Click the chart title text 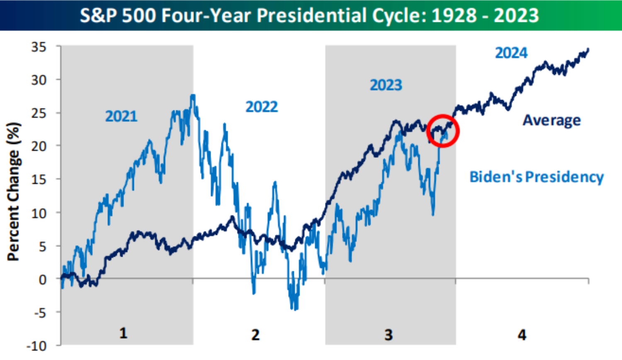[309, 15]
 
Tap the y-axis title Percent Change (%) [14, 192]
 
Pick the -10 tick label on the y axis [37, 345]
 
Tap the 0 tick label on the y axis [43, 280]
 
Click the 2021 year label [121, 116]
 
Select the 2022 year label [262, 107]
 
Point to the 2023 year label [386, 85]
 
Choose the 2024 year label [511, 53]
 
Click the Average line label [552, 120]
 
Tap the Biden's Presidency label [536, 177]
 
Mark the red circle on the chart [443, 131]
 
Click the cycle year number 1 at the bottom [123, 333]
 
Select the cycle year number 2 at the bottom [255, 334]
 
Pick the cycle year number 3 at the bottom [388, 334]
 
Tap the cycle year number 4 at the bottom [522, 334]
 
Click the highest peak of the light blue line [192, 96]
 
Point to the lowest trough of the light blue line [295, 309]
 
